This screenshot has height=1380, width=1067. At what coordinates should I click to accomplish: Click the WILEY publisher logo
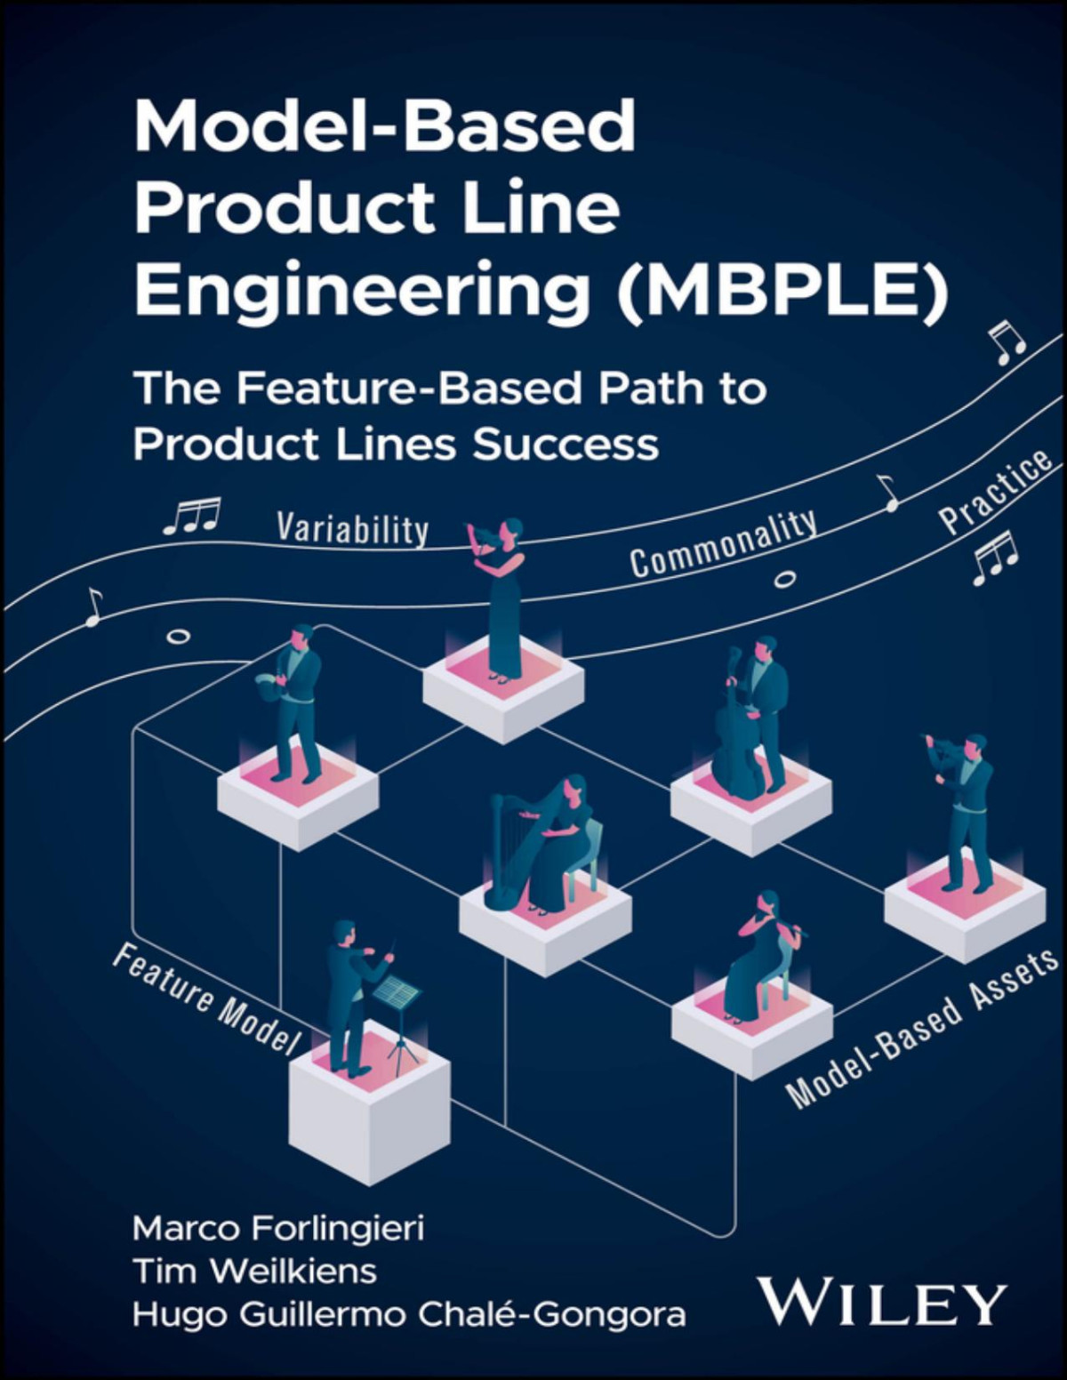(x=881, y=1304)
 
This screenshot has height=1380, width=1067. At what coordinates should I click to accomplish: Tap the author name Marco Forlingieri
(x=278, y=1228)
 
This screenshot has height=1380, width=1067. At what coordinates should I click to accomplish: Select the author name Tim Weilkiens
(x=254, y=1271)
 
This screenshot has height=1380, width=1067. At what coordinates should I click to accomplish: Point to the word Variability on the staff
(x=352, y=528)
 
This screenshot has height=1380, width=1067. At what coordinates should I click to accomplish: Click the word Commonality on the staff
(x=723, y=543)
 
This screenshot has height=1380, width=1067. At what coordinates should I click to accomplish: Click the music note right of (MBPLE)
(x=1008, y=343)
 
